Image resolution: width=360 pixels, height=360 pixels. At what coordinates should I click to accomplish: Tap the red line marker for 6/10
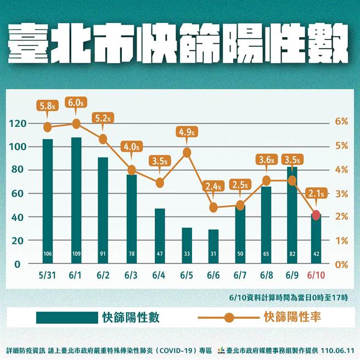[316, 215]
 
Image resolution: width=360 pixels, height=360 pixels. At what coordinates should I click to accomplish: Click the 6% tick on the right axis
[342, 122]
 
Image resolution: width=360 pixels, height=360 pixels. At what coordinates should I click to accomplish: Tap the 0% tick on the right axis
[342, 264]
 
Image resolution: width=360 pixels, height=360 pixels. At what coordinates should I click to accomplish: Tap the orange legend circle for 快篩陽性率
[229, 317]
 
